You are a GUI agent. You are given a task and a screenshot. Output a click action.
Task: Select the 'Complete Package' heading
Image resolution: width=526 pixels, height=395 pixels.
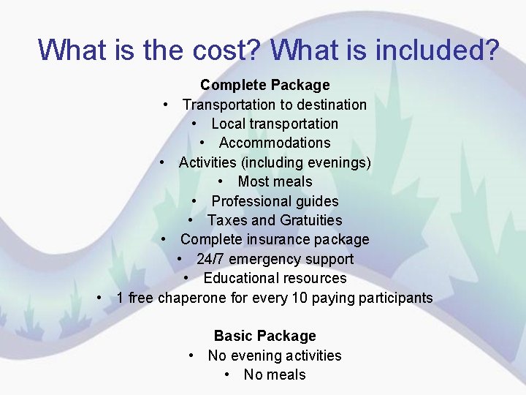(x=264, y=86)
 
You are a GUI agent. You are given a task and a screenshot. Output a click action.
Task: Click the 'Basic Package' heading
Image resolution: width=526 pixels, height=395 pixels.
(x=264, y=336)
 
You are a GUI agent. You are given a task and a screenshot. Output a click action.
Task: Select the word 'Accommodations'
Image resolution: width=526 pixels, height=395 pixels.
(x=275, y=143)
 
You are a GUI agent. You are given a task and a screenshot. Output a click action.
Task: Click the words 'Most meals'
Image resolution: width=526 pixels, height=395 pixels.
(x=275, y=181)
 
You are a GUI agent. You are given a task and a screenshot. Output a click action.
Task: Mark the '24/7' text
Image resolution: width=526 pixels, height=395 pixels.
(x=210, y=259)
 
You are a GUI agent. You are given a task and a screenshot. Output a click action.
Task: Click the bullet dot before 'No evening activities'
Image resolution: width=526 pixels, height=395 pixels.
(x=191, y=355)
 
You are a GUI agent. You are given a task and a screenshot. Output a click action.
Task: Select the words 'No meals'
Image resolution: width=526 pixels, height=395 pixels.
(x=275, y=375)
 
